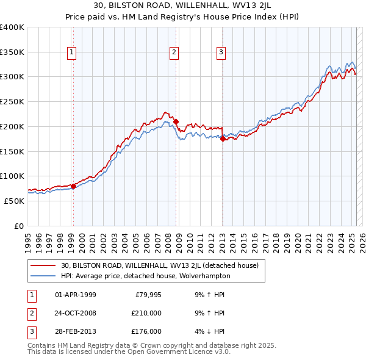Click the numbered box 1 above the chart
[73, 53]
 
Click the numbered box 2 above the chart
[174, 53]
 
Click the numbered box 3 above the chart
[220, 53]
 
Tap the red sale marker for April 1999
[73, 186]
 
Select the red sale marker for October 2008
[176, 121]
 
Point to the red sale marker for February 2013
[222, 139]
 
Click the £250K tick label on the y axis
[12, 101]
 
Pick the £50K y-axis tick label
[14, 200]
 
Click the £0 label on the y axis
[19, 225]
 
